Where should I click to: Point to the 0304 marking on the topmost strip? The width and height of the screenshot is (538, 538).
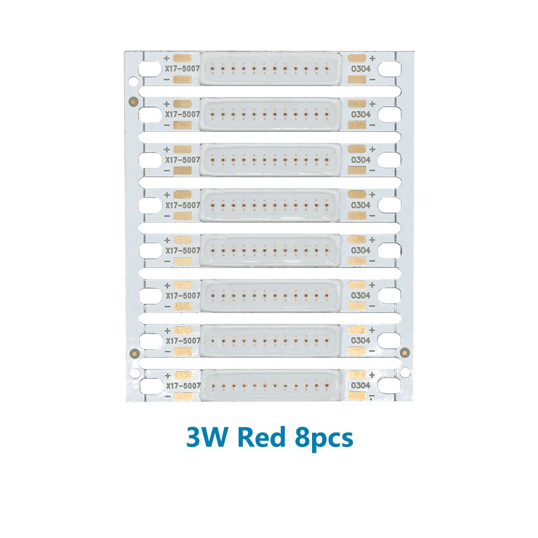[x=360, y=69]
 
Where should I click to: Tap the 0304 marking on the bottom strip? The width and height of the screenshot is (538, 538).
[x=360, y=386]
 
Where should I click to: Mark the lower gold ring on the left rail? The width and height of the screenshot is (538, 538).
[x=134, y=352]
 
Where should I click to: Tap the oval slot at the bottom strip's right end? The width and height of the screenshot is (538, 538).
[x=390, y=386]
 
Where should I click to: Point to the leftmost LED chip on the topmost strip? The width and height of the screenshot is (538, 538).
[x=214, y=69]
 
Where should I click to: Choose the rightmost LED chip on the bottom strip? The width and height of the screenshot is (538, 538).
[x=327, y=386]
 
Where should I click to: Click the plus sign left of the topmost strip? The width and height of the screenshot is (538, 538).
[x=167, y=58]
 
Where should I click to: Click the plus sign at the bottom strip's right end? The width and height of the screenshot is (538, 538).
[x=372, y=374]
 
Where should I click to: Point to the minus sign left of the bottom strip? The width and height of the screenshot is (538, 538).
[x=167, y=397]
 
